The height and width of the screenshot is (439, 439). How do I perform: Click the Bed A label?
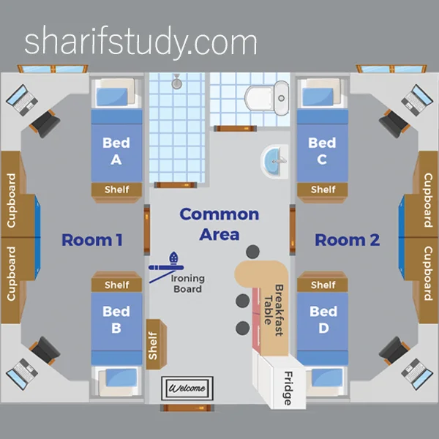click(116, 150)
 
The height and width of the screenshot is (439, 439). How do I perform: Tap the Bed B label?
click(116, 320)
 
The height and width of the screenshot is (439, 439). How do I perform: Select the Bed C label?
click(322, 150)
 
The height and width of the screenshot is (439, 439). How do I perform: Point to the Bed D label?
click(323, 320)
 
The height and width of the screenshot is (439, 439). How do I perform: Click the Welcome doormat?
click(187, 388)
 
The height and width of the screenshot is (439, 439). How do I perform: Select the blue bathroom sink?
click(276, 161)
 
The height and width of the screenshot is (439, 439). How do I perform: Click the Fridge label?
click(286, 388)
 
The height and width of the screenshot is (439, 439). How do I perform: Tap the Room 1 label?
click(91, 240)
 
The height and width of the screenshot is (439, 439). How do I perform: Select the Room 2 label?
click(347, 240)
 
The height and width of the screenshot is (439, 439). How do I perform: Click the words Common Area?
click(219, 224)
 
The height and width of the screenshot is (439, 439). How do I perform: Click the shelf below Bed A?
click(117, 190)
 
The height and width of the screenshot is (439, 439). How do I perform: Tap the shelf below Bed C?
click(323, 190)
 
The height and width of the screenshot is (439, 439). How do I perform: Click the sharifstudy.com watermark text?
click(140, 43)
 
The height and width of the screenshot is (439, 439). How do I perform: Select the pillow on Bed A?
click(116, 94)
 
